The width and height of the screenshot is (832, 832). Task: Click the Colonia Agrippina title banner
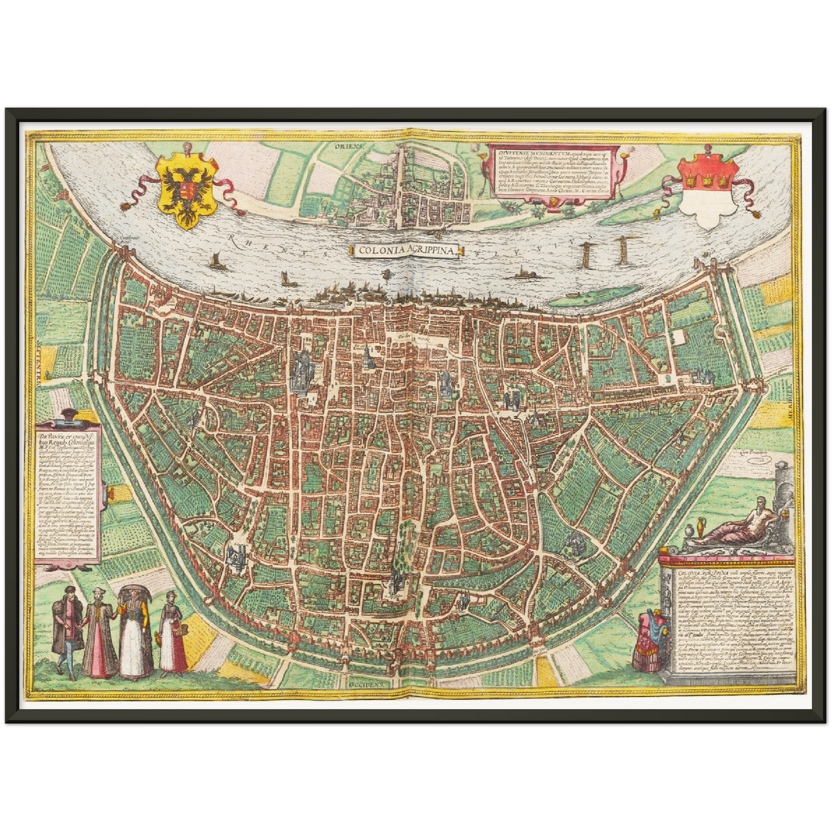point(405,250)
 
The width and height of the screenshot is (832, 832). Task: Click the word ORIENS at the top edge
point(349,146)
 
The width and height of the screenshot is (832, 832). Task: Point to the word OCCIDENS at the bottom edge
point(369,685)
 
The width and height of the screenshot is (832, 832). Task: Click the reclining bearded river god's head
point(762,504)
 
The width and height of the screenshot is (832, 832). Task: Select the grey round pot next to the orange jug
point(689,531)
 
